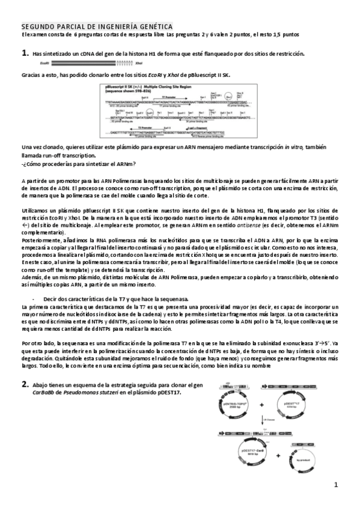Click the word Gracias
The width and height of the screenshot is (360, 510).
[31, 75]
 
